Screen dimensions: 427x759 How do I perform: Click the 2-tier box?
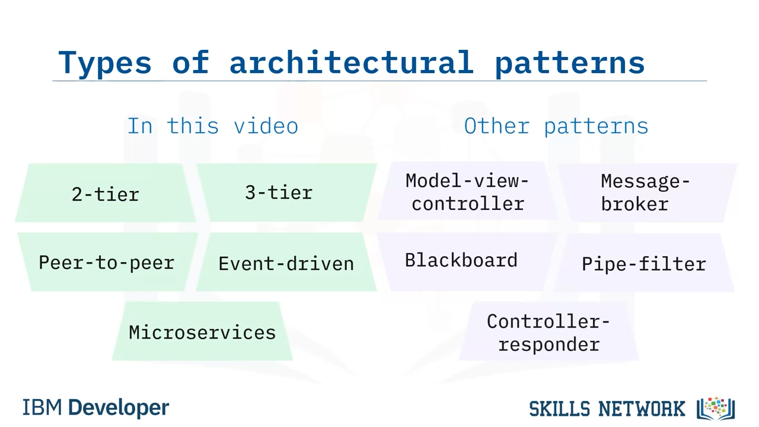[x=106, y=193]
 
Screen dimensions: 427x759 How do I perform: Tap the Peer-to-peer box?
[x=107, y=262]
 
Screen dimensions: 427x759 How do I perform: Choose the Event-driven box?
[x=286, y=263]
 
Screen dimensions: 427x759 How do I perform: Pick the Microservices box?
[x=202, y=332]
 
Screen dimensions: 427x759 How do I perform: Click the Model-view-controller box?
[x=467, y=192]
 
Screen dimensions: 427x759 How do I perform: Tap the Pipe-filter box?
[x=644, y=263]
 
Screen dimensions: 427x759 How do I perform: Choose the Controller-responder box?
[x=548, y=332]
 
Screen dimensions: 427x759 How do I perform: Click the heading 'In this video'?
[x=212, y=126]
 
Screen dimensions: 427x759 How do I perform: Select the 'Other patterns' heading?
[x=556, y=126]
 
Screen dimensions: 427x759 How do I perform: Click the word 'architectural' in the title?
[x=351, y=62]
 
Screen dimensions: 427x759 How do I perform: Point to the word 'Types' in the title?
[x=105, y=62]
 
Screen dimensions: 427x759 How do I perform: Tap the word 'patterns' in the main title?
[x=569, y=62]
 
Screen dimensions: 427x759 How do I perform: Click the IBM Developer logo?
[x=95, y=407]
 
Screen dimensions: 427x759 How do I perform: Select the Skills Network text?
[x=607, y=409]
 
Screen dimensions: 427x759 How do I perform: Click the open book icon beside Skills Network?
[x=716, y=408]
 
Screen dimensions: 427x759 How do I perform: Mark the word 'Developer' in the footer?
[x=119, y=407]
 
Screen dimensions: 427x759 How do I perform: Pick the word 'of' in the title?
[x=190, y=62]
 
